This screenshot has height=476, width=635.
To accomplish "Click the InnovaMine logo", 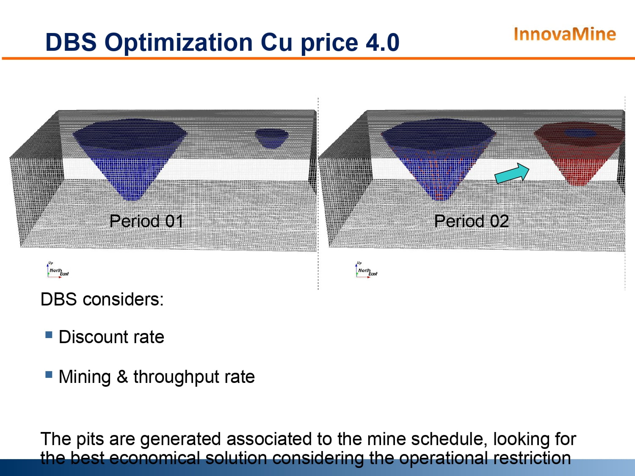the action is click(565, 34).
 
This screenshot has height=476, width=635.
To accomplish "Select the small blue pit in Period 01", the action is click(272, 138).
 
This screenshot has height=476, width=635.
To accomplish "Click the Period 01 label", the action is click(146, 221).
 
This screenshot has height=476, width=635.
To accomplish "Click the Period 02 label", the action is click(472, 221).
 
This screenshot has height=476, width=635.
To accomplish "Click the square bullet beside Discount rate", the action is click(49, 335).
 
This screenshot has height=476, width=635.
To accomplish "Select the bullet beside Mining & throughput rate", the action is click(49, 374).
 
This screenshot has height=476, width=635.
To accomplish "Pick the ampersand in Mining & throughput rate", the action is click(122, 377).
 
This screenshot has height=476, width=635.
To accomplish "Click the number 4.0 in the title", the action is click(383, 42).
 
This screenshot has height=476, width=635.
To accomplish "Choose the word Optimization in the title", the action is click(179, 43).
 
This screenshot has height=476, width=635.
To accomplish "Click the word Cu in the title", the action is click(276, 42).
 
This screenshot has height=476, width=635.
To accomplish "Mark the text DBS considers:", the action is click(102, 299).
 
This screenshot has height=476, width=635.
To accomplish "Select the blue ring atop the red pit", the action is click(580, 133).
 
